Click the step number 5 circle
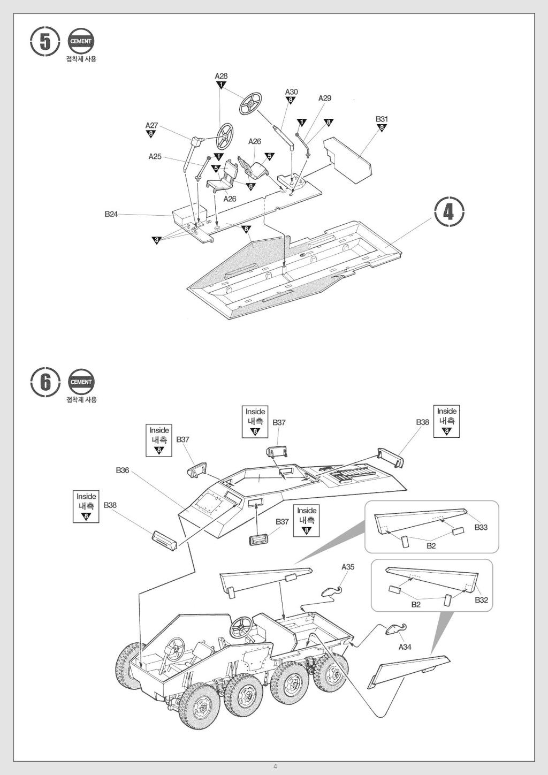coord(45,42)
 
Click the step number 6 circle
coord(45,382)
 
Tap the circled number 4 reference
coord(448,212)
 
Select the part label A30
coord(291,92)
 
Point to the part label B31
coord(382,119)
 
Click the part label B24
coord(111,214)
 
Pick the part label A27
coord(151,125)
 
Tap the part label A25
coord(155,156)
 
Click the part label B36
coord(123,470)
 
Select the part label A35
coord(348,566)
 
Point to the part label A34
coord(405,647)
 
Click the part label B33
coord(481,527)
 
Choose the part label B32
coord(481,600)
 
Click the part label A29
coord(325,98)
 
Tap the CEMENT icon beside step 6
coord(81,382)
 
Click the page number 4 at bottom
coord(275,766)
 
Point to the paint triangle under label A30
coord(291,100)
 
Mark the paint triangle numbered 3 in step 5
coord(157,240)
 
